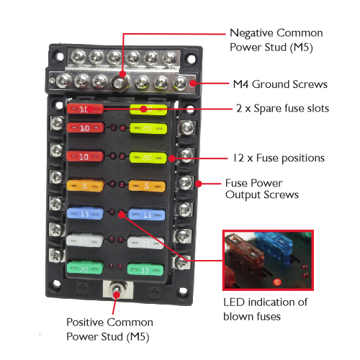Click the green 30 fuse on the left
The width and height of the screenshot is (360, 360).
click(x=85, y=269)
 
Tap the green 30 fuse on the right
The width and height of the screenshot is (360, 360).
click(x=145, y=269)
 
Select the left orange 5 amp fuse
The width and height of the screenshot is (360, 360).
click(x=86, y=185)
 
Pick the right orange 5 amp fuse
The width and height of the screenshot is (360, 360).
click(x=147, y=186)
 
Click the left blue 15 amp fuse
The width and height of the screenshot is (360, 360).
click(x=85, y=213)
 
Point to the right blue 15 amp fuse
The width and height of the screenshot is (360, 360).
click(x=147, y=214)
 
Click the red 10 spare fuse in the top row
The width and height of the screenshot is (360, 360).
click(x=85, y=109)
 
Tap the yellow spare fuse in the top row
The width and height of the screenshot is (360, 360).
click(x=148, y=109)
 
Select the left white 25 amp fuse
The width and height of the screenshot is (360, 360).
click(x=85, y=240)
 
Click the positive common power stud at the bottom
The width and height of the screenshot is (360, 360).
click(x=117, y=289)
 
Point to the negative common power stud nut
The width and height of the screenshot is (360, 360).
click(x=119, y=83)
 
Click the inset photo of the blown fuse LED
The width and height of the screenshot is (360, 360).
click(x=268, y=260)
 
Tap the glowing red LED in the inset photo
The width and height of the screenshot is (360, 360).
click(x=277, y=282)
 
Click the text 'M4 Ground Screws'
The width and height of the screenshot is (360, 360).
click(x=280, y=84)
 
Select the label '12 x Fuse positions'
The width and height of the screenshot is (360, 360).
click(x=279, y=158)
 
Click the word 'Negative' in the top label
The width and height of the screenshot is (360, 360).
click(x=252, y=33)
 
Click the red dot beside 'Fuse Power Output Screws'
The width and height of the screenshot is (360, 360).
click(x=199, y=184)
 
